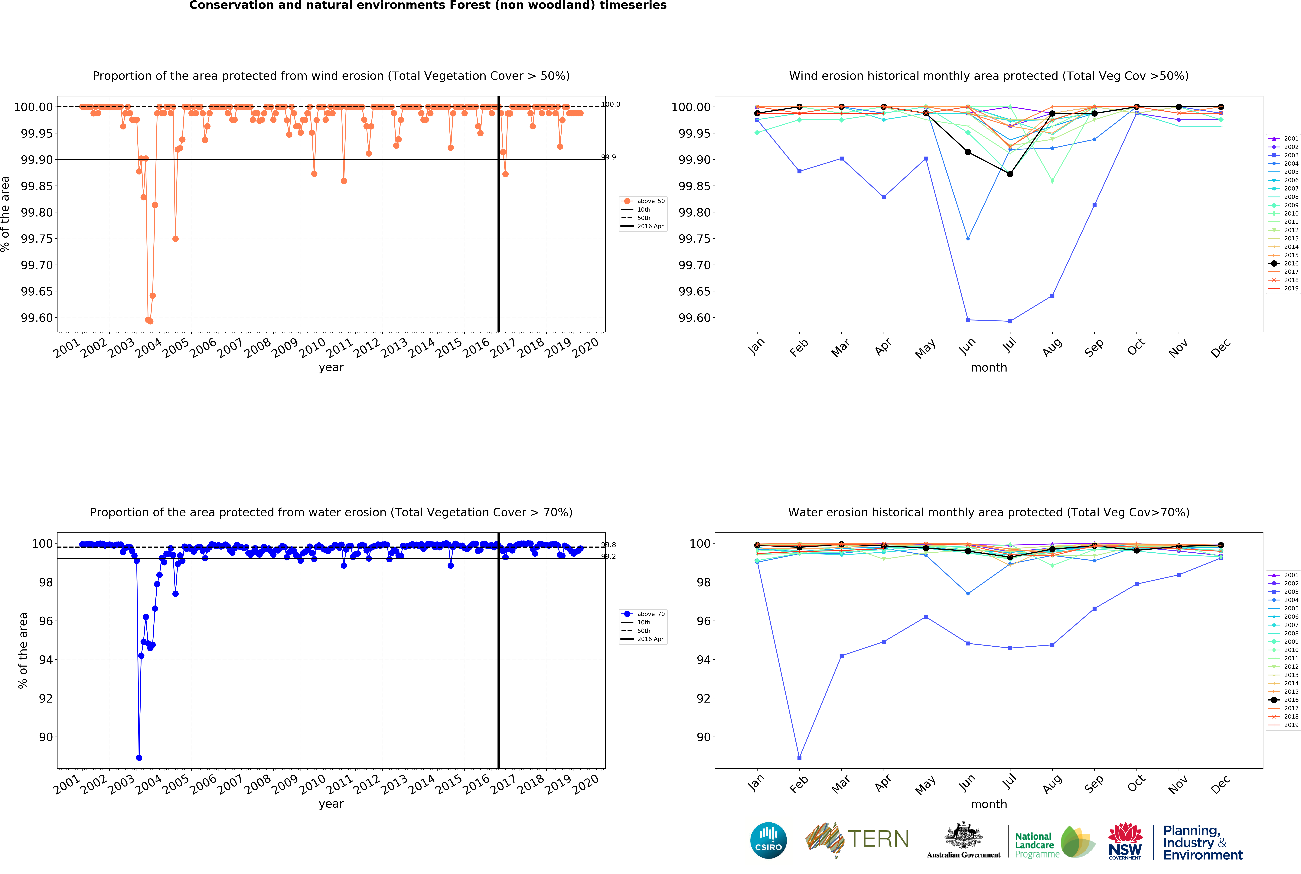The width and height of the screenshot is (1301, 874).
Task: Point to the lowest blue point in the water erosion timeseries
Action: point(139,758)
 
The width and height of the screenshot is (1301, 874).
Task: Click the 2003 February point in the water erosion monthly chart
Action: point(799,758)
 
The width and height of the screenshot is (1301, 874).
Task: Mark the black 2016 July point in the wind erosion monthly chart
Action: point(1010,174)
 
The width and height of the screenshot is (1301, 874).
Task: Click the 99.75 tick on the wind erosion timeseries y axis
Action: point(38,239)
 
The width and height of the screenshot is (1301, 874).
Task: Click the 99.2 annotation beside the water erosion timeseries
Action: point(609,556)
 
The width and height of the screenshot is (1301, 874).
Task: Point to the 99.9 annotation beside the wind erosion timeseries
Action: point(609,157)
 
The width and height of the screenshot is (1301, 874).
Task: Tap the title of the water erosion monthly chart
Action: point(988,512)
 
